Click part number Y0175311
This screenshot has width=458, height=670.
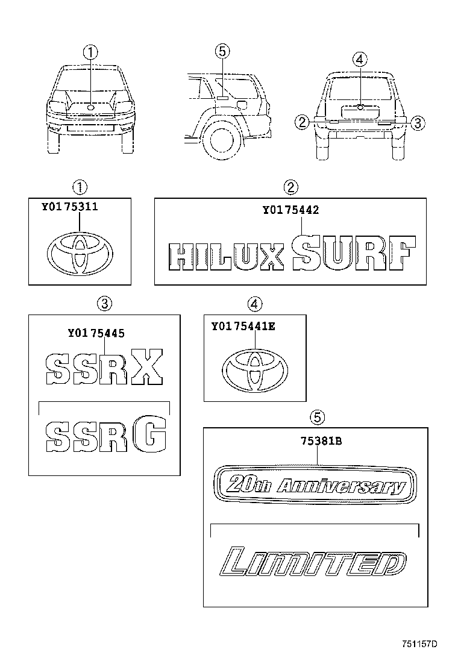tap(70, 207)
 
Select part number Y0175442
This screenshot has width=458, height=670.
tap(290, 210)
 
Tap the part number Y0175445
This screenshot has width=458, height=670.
tap(96, 331)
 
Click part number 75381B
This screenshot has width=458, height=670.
tap(321, 441)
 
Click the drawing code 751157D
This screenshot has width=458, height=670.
tap(419, 644)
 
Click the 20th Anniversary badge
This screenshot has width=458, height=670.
tap(316, 483)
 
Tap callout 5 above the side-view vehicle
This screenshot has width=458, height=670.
tap(222, 52)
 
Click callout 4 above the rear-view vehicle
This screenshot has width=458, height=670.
tap(359, 59)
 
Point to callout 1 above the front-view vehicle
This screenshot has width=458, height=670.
tap(90, 52)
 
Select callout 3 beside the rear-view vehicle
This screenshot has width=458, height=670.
tap(419, 123)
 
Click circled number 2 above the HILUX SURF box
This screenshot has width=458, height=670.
tap(291, 187)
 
